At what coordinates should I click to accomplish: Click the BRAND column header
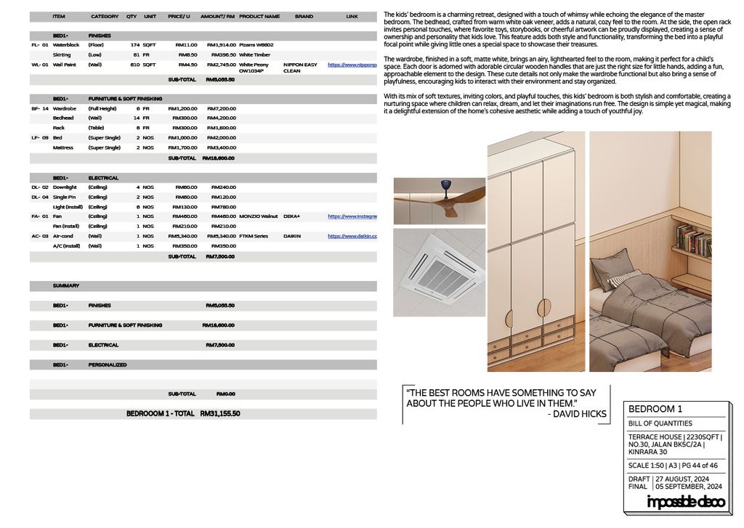point(304,16)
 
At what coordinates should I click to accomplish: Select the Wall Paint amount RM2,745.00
point(222,65)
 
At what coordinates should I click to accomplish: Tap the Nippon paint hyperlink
point(352,65)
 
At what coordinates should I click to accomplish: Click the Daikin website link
point(352,236)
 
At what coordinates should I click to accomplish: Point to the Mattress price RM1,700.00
point(182,147)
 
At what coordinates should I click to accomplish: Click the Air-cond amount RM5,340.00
point(222,236)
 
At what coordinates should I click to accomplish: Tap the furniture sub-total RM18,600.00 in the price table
point(218,158)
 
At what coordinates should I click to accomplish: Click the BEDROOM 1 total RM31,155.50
point(221,413)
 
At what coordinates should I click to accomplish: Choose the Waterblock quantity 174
point(134,45)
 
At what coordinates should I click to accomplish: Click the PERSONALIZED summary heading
point(108,365)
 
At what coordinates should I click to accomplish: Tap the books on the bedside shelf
point(693,240)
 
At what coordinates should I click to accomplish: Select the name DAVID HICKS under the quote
point(578,414)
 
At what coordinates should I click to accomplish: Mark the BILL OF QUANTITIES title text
point(660,423)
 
